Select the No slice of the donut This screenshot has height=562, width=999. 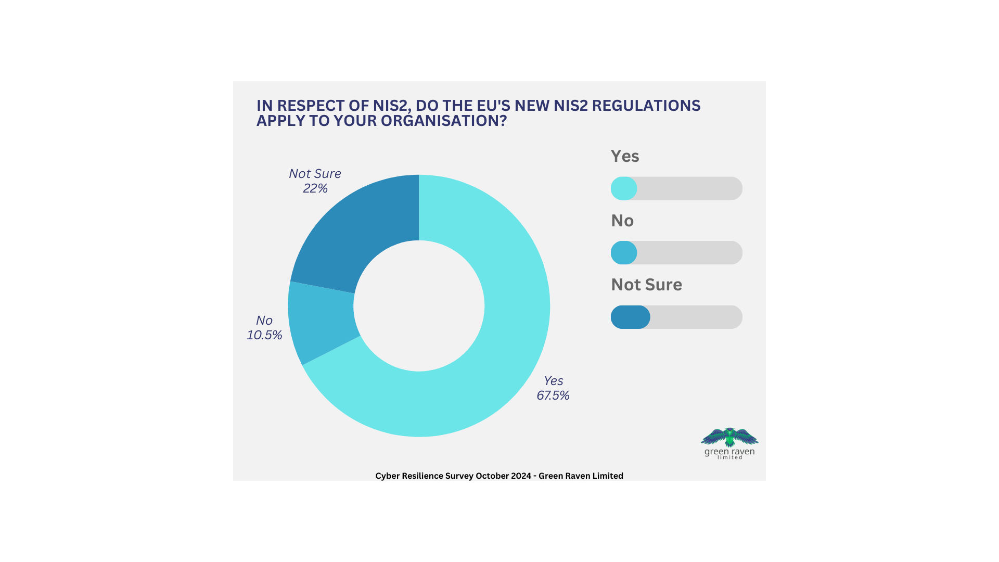(320, 323)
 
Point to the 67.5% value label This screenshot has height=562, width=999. (553, 395)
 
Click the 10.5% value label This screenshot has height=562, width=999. (264, 335)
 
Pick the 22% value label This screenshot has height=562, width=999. (315, 188)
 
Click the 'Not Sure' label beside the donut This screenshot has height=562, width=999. (315, 173)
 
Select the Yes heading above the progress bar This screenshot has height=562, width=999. (625, 156)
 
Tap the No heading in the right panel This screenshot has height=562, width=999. (622, 221)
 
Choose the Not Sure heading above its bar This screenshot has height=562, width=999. (646, 285)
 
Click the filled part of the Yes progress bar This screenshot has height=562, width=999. (624, 188)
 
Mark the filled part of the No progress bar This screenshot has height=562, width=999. (624, 253)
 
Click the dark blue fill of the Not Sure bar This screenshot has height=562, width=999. (631, 317)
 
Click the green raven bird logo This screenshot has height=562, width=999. (729, 437)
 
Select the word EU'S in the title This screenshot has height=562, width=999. (494, 106)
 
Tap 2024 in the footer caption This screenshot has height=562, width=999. (521, 476)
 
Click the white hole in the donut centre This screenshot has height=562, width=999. (419, 306)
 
